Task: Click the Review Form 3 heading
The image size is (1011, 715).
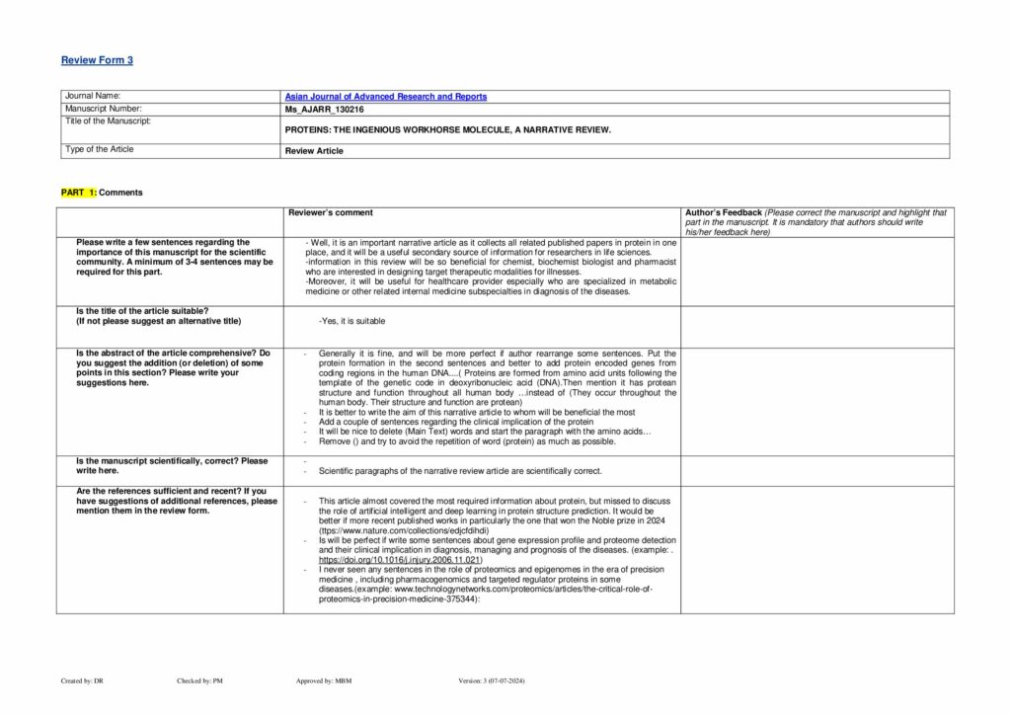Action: point(97,60)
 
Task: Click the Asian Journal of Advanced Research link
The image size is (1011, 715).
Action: point(385,97)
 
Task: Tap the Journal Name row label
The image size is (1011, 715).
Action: point(92,96)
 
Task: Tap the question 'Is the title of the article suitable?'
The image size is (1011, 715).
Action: point(142,311)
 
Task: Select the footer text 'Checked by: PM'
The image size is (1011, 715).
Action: point(198,681)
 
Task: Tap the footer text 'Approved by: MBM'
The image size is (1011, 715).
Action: point(324,681)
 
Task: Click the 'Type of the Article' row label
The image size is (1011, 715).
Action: point(99,149)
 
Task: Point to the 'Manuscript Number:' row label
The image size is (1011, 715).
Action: point(103,108)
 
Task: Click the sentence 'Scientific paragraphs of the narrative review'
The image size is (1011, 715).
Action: point(460,471)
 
